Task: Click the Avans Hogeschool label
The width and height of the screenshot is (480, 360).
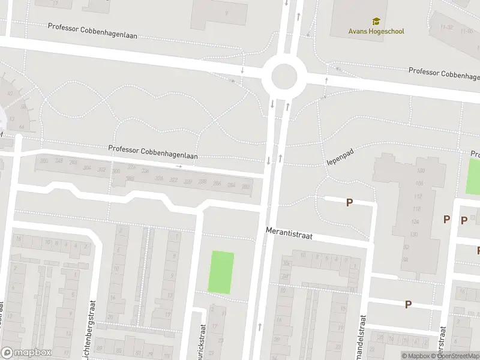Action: (x=376, y=31)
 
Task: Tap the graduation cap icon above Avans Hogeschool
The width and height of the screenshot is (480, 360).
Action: (x=376, y=22)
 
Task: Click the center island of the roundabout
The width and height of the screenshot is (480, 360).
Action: (x=284, y=77)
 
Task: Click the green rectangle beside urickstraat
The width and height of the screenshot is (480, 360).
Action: (x=221, y=272)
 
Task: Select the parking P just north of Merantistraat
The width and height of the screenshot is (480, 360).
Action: (x=349, y=203)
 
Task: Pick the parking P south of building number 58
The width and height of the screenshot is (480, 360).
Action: (x=408, y=304)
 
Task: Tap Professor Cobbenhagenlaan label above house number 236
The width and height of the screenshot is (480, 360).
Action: (x=152, y=152)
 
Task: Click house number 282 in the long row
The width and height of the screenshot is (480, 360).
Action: (x=245, y=187)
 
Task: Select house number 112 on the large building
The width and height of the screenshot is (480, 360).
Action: (x=418, y=196)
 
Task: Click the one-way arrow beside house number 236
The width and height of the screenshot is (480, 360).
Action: (x=179, y=166)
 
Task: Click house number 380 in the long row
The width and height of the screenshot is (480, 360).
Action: (x=43, y=161)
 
